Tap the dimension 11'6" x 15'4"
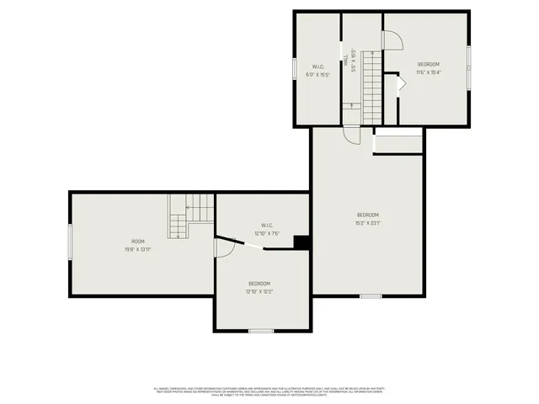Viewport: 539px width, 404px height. coord(429,72)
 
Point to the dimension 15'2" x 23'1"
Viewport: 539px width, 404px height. coord(367,223)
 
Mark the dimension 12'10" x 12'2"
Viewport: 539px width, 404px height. coord(259,291)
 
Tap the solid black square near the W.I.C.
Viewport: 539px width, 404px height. coord(302,242)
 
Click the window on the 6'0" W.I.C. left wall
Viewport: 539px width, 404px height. coord(294,67)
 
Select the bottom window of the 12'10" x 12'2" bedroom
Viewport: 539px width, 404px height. coord(261,330)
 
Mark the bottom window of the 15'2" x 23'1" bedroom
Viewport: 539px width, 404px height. coord(371,295)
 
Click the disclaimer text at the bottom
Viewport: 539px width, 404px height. coord(269,391)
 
